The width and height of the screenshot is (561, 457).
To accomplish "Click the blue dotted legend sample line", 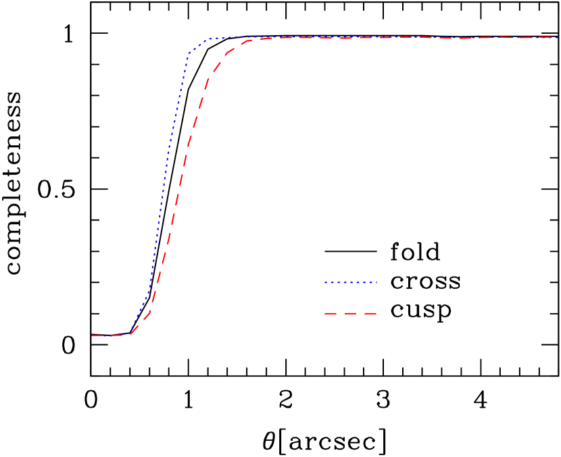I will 350,282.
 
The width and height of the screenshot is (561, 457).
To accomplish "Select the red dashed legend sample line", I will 350,313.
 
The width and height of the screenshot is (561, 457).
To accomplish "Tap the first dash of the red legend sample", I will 330,313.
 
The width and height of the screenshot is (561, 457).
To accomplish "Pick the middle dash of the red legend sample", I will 350,313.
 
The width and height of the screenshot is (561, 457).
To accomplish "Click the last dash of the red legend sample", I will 370,313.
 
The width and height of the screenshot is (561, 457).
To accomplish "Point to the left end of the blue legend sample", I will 325,282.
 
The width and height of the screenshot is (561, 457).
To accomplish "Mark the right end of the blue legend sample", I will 376,282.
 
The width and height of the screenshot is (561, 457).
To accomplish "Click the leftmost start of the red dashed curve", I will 93,335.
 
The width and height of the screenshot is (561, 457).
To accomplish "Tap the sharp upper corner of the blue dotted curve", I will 189,54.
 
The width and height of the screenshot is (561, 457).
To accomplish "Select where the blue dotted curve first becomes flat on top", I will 209,39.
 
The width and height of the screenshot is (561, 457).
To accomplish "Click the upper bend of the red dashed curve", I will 209,78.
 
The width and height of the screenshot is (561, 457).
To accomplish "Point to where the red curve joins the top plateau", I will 250,41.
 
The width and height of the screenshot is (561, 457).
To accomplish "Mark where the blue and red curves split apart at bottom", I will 130,334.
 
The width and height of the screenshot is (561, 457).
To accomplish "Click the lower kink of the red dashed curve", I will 150,312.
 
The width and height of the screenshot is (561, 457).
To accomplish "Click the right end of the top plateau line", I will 558,38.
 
